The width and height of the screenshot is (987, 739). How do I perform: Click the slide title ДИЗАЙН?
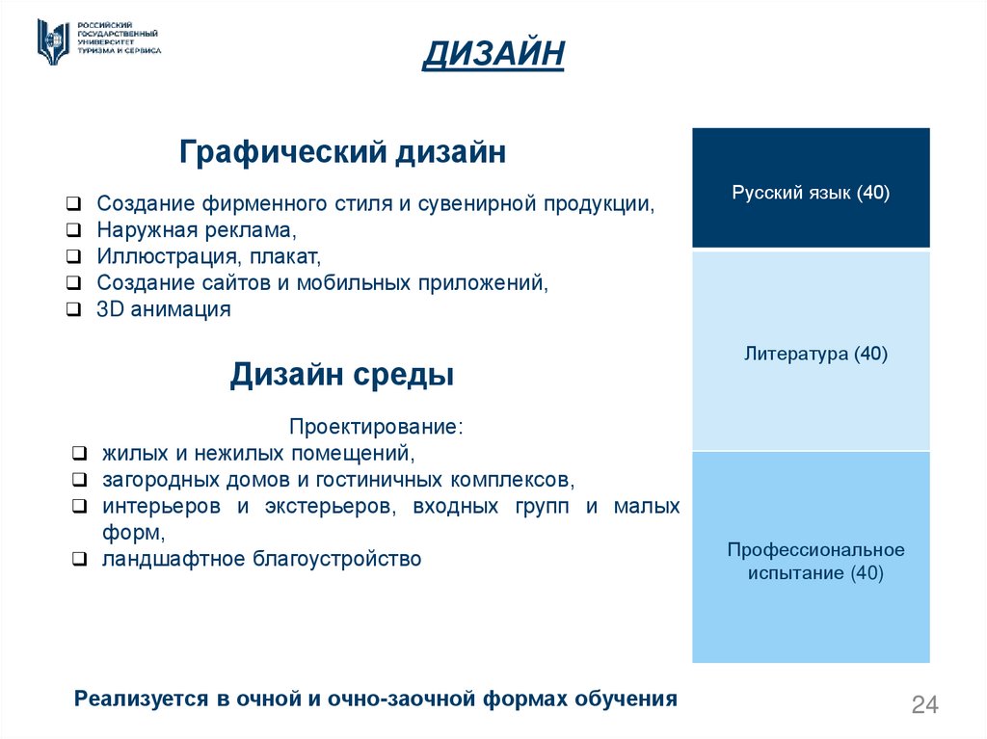(x=493, y=54)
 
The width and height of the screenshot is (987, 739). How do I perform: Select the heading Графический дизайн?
(x=342, y=152)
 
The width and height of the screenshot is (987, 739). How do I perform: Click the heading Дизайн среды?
(x=341, y=375)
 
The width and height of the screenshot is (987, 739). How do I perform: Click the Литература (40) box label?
(x=815, y=355)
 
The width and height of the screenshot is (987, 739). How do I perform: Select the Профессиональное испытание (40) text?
(x=815, y=562)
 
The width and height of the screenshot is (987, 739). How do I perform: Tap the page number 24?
(x=924, y=705)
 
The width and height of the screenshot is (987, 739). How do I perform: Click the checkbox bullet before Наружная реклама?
(x=74, y=231)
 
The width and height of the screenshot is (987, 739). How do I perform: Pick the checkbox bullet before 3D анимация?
(x=74, y=310)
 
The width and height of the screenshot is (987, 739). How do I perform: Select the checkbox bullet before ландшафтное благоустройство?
(x=80, y=560)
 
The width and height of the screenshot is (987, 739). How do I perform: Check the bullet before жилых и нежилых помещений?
(x=80, y=453)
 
